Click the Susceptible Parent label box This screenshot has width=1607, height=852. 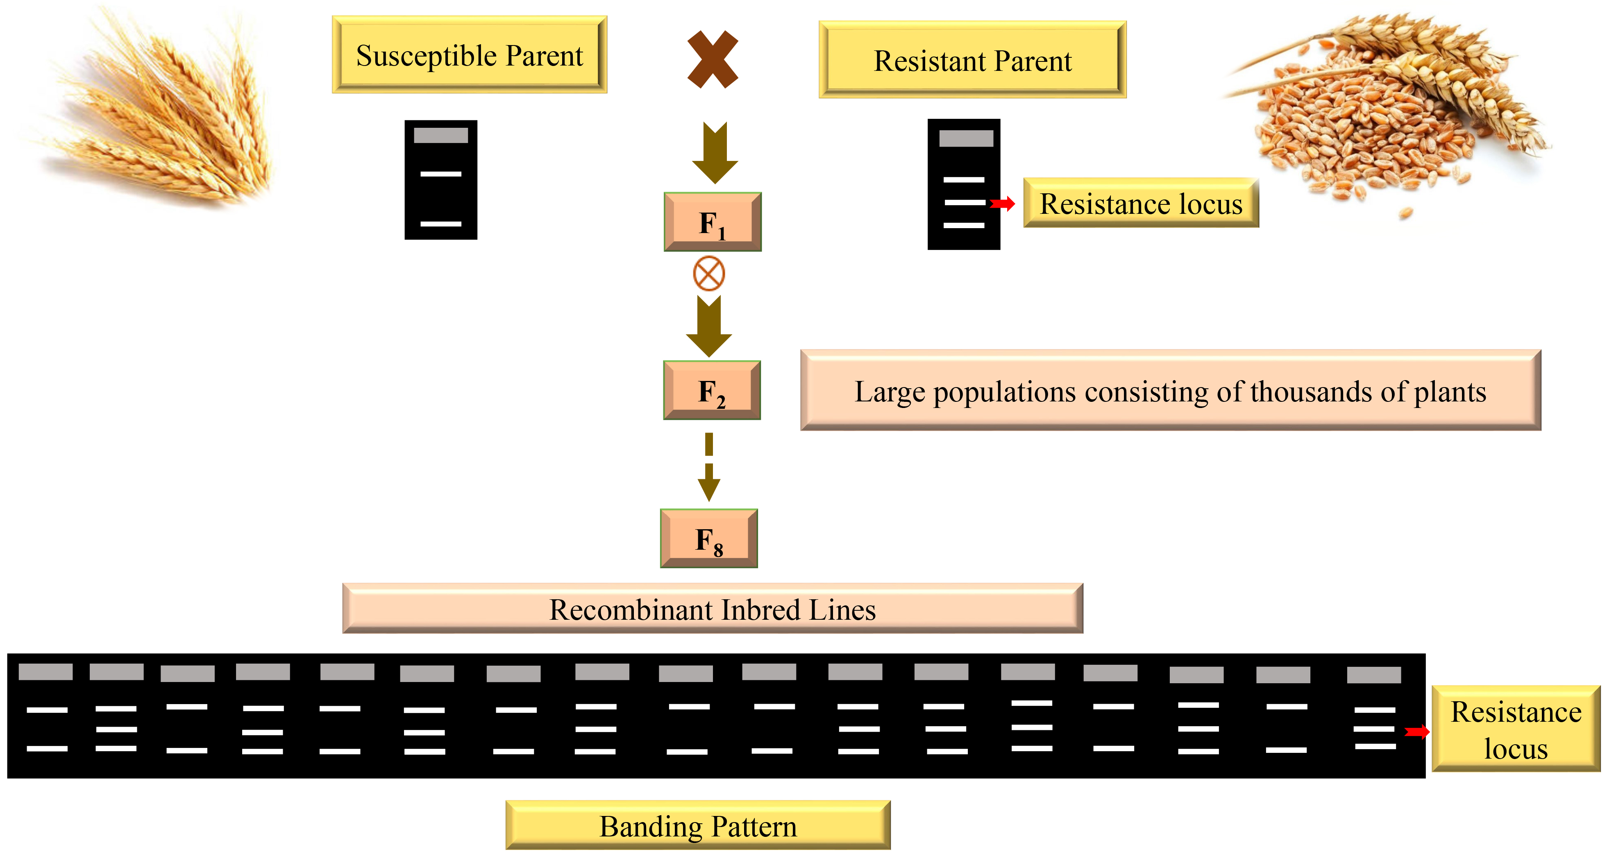pyautogui.click(x=469, y=55)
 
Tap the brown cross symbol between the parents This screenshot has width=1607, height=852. pyautogui.click(x=713, y=59)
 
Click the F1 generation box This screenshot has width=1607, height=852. pyautogui.click(x=713, y=222)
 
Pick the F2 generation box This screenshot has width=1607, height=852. pyautogui.click(x=712, y=390)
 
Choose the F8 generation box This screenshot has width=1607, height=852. pyautogui.click(x=709, y=538)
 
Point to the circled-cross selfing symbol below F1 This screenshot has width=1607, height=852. pyautogui.click(x=709, y=273)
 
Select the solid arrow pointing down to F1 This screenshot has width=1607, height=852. pyautogui.click(x=715, y=153)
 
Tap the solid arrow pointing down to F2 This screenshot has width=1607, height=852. pyautogui.click(x=709, y=326)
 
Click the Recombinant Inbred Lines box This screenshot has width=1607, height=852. pyautogui.click(x=713, y=609)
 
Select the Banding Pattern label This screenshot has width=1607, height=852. pyautogui.click(x=698, y=826)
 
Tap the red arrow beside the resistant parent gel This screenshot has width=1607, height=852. pyautogui.click(x=1003, y=203)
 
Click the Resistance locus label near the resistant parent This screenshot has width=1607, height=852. pyautogui.click(x=1141, y=203)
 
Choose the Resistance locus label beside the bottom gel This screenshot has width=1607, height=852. pyautogui.click(x=1516, y=729)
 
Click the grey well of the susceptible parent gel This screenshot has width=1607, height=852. pyautogui.click(x=441, y=135)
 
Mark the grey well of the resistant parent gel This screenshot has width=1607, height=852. pyautogui.click(x=966, y=138)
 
